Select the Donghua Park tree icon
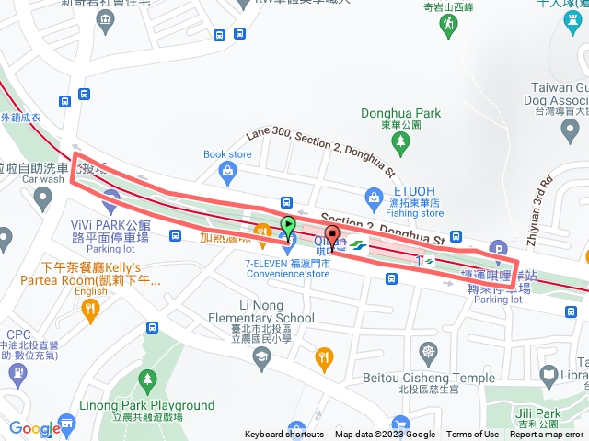click(400, 141)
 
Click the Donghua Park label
click(400, 114)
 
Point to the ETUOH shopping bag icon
click(374, 196)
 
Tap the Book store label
click(226, 154)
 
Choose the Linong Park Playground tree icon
click(146, 379)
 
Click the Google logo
click(35, 428)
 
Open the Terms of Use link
click(473, 435)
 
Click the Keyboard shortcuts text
click(284, 435)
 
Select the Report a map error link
click(547, 435)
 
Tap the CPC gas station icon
click(17, 374)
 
